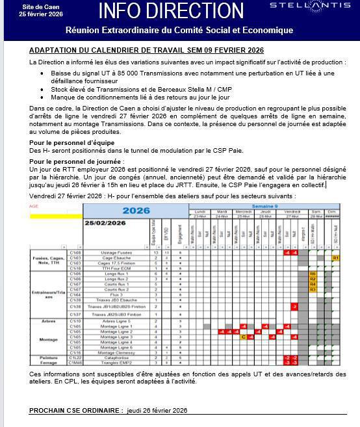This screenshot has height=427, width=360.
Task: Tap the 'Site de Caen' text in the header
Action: (x=32, y=6)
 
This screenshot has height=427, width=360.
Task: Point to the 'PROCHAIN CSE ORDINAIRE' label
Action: (x=76, y=411)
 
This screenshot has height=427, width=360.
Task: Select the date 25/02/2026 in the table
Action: (x=105, y=224)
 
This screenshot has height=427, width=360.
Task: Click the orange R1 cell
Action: (x=336, y=257)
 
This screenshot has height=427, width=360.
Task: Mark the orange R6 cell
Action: (x=313, y=274)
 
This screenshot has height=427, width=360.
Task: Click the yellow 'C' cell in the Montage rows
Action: (x=242, y=337)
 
